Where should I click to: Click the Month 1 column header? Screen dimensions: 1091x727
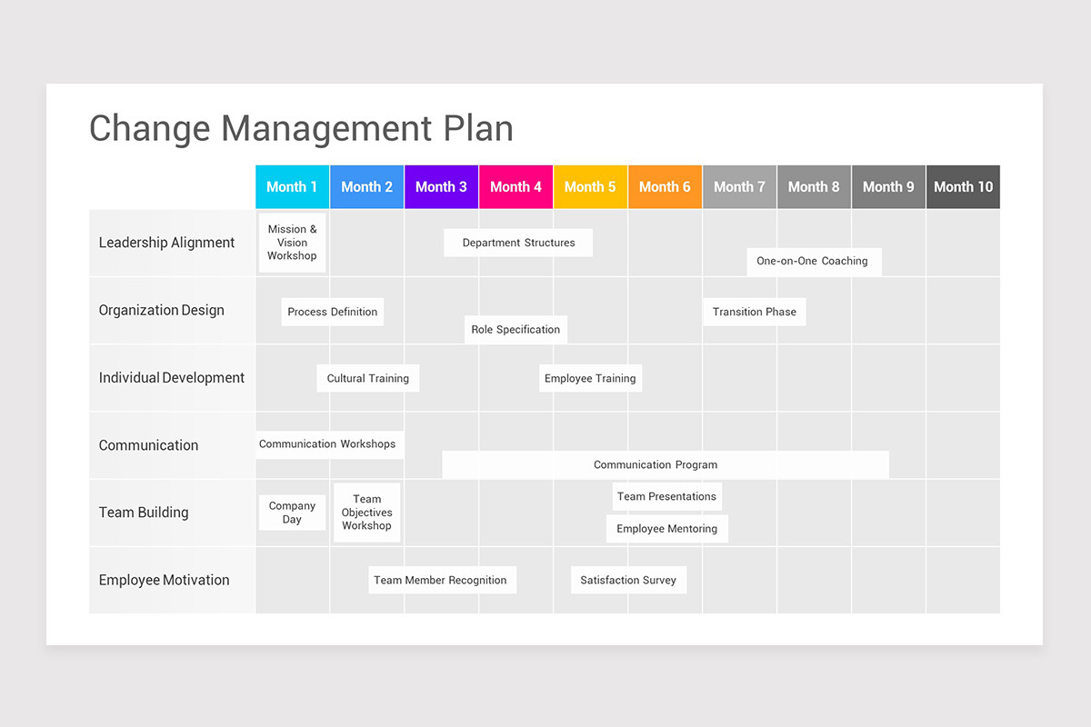292,187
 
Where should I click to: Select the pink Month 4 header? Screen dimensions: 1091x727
515,187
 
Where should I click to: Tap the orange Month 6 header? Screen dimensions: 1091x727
665,187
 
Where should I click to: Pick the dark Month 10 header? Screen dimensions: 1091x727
963,187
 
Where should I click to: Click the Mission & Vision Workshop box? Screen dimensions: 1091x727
293,243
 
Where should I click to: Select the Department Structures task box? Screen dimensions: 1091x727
518,243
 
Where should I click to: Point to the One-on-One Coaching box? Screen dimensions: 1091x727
813,262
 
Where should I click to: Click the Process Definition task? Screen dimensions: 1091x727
332,312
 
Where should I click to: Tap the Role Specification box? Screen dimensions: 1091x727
515,329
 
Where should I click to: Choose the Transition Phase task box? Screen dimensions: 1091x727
755,312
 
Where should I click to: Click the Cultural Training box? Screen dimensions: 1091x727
368,378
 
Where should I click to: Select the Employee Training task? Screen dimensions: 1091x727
590,378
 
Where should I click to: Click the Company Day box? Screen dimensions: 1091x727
292,513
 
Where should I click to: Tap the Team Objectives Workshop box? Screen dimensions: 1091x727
367,513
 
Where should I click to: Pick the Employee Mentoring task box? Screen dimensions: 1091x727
667,529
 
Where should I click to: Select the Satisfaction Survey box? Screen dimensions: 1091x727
628,580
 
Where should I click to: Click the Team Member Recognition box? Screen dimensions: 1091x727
441,580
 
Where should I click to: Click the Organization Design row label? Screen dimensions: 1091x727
161,310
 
